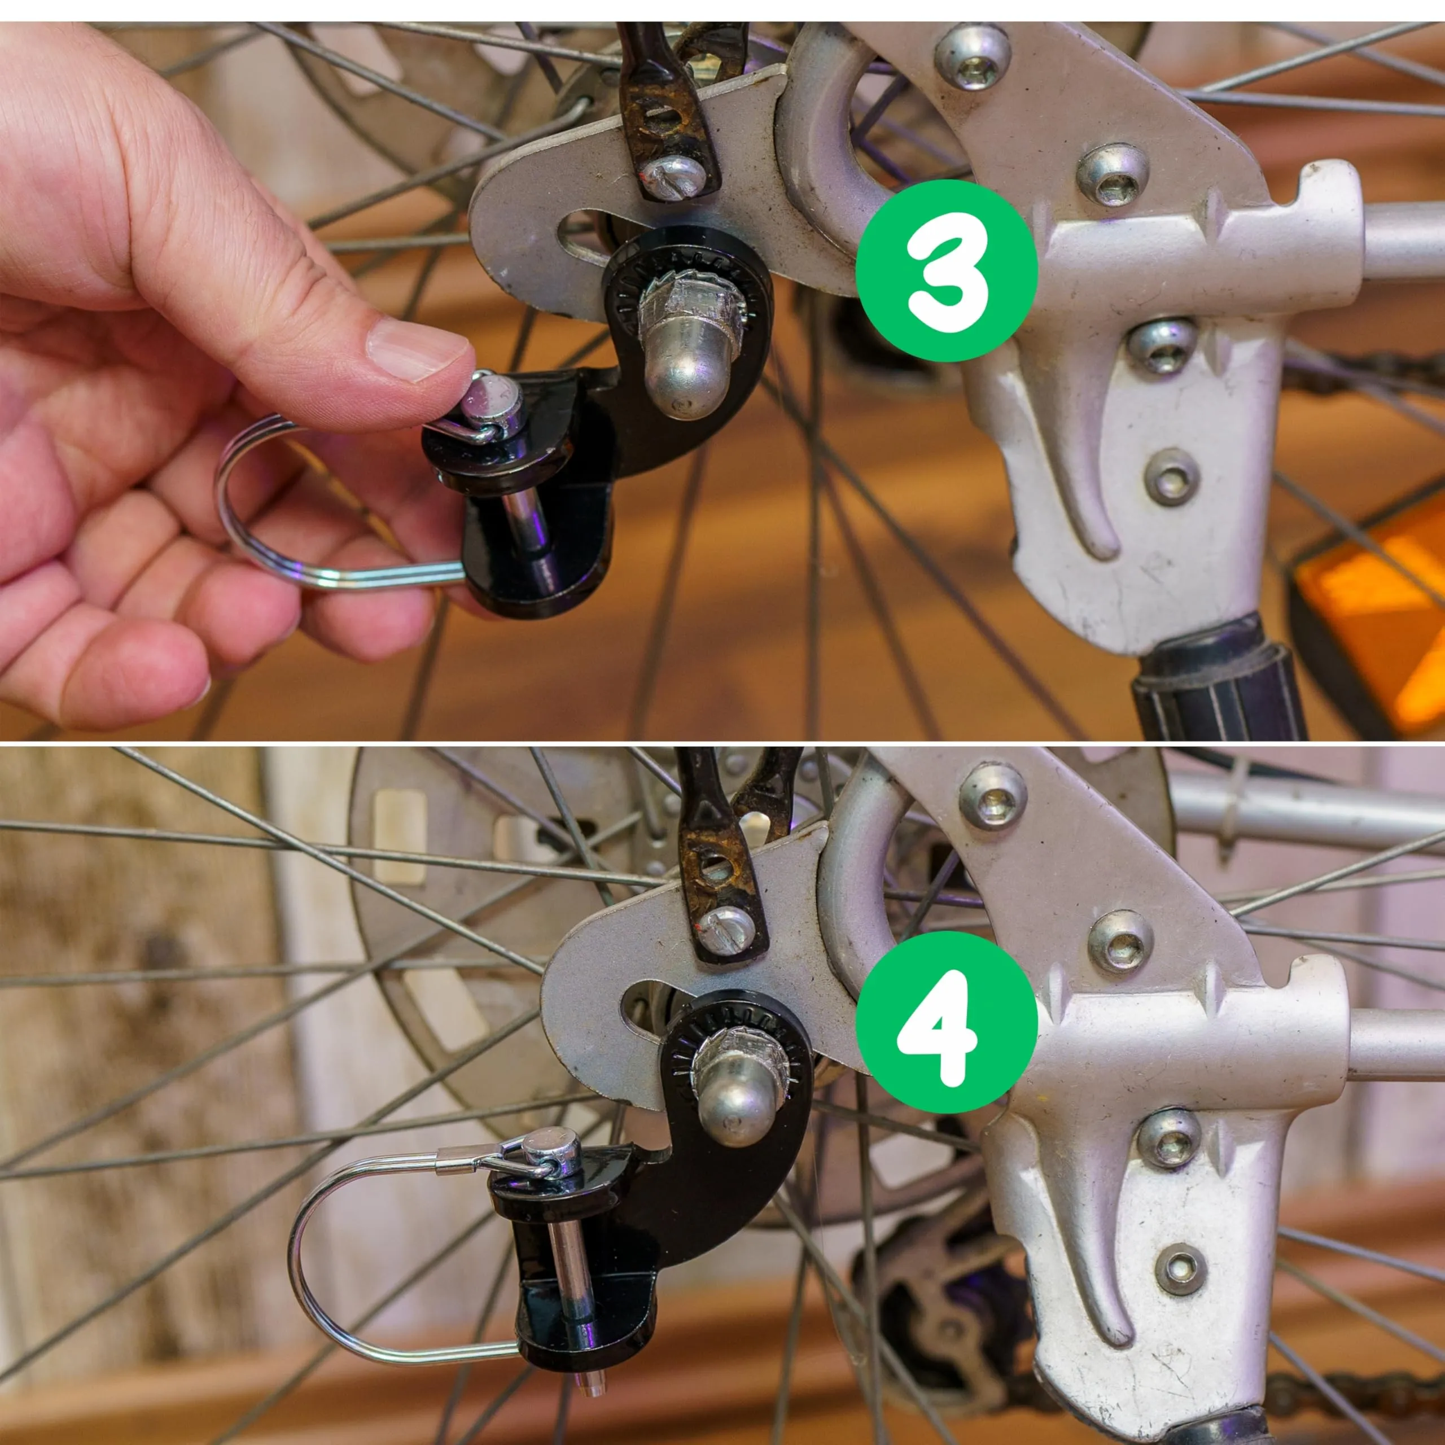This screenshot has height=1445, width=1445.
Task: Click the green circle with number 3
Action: [946, 271]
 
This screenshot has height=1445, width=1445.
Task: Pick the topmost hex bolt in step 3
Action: [973, 55]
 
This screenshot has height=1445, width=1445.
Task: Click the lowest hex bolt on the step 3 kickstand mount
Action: [1171, 476]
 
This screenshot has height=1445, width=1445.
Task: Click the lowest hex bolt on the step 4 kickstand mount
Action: [1180, 1269]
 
